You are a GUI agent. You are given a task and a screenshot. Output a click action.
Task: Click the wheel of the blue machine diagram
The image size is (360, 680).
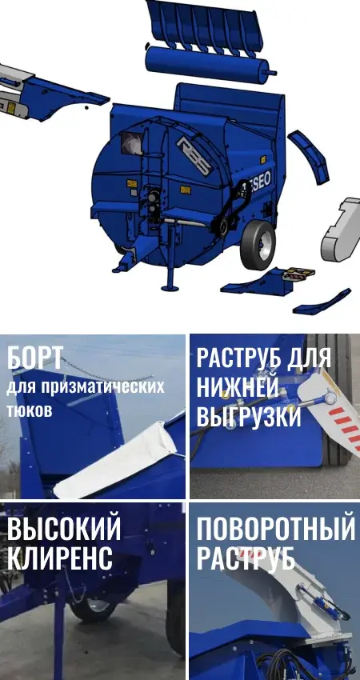(258, 244)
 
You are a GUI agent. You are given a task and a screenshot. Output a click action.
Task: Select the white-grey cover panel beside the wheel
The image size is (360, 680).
(342, 230)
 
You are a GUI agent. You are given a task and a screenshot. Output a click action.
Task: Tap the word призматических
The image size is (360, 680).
(103, 386)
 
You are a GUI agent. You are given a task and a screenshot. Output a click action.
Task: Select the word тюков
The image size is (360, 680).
(30, 410)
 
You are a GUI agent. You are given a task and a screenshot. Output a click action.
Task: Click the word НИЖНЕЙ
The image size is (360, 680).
(238, 387)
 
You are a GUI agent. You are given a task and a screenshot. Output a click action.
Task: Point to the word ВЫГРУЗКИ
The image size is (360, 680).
(249, 417)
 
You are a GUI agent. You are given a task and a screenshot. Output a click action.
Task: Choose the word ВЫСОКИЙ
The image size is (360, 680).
(64, 529)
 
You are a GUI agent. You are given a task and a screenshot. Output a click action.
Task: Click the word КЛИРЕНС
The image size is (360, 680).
(60, 558)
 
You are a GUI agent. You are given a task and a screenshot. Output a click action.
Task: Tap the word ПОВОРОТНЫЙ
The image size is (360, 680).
(276, 529)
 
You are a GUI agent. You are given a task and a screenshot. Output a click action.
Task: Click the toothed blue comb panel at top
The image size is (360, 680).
(205, 27)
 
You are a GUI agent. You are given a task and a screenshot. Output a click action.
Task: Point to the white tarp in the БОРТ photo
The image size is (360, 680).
(117, 460)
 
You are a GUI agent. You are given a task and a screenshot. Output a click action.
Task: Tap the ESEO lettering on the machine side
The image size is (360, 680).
(259, 184)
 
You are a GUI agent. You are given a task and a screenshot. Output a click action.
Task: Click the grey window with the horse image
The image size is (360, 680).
(131, 142)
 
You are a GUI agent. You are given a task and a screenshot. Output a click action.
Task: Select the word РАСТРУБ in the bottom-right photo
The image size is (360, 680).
(246, 558)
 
